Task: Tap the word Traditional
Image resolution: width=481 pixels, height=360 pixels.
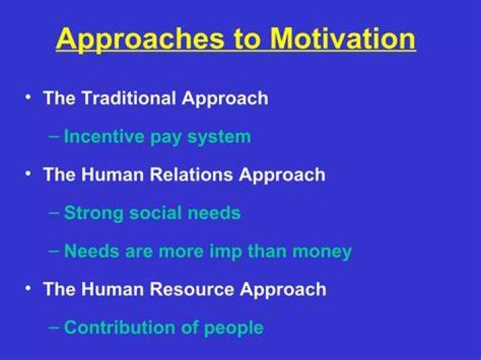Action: [129, 98]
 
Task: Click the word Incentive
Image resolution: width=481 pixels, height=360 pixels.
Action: [104, 136]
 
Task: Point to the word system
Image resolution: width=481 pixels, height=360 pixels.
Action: [219, 138]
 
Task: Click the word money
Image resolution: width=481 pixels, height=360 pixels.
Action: [322, 252]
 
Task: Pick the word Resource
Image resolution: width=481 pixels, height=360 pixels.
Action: [192, 289]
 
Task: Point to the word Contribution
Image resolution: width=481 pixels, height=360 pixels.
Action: [120, 327]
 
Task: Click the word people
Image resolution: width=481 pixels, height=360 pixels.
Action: [234, 329]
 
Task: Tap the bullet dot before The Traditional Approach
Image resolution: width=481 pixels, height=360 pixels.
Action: [29, 98]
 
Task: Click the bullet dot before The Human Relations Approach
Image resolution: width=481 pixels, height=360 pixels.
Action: [29, 174]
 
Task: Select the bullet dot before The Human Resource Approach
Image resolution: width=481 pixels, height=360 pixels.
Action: [29, 289]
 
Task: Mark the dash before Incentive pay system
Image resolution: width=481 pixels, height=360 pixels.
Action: [54, 136]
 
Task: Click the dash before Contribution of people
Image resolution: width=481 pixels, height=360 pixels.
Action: [54, 327]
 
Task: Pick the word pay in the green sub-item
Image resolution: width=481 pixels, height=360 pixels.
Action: [166, 138]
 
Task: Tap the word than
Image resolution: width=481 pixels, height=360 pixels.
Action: [267, 251]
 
